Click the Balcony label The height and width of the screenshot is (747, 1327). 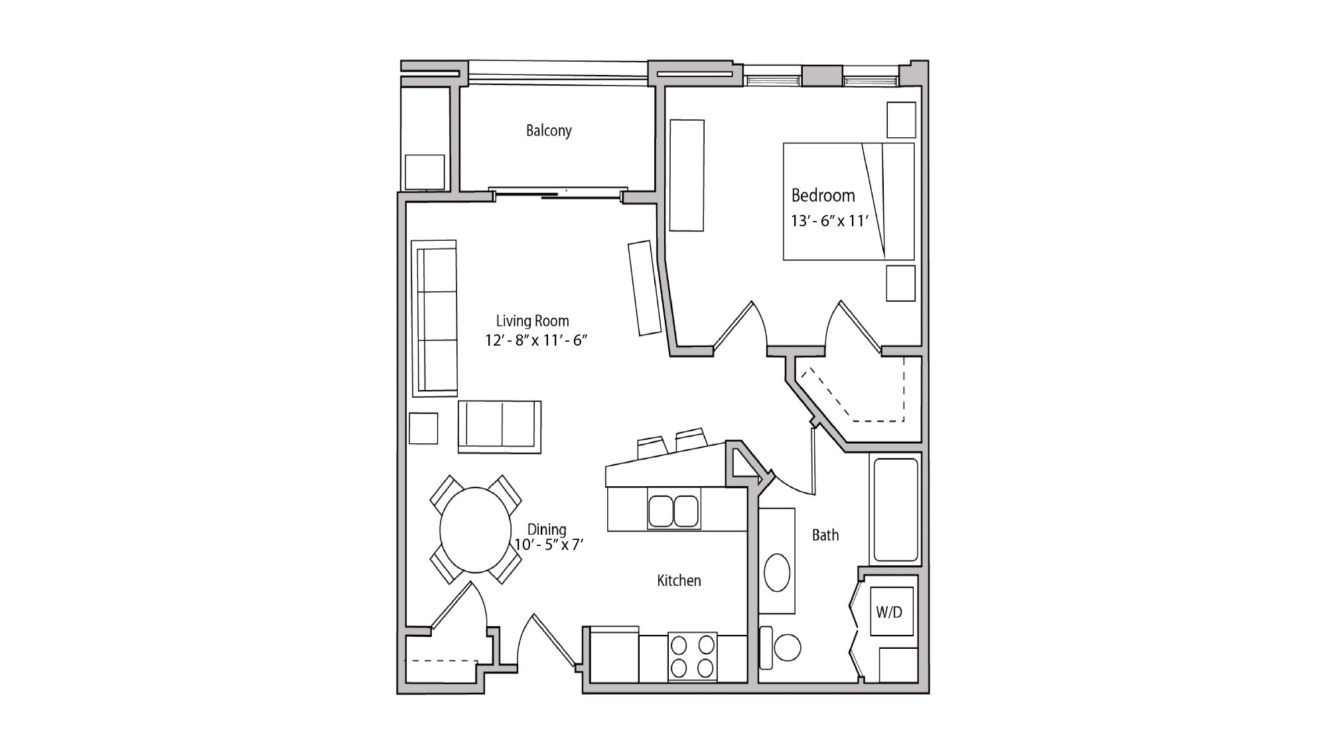[x=549, y=131]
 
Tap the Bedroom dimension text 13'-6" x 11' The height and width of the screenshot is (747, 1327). [x=829, y=221]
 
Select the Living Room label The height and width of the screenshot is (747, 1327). [x=532, y=321]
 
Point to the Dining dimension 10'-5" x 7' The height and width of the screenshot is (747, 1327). [x=549, y=545]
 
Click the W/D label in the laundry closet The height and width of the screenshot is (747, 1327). [x=889, y=612]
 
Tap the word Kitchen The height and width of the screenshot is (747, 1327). [x=679, y=581]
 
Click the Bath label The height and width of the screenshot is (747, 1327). [x=825, y=535]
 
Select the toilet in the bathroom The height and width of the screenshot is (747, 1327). [x=783, y=647]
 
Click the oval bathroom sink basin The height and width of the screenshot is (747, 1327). [x=777, y=573]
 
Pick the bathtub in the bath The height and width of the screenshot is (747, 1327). [x=895, y=509]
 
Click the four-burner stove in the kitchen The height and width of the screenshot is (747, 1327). [x=692, y=656]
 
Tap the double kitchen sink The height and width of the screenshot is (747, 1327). [x=674, y=511]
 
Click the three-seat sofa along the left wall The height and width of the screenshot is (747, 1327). [x=435, y=319]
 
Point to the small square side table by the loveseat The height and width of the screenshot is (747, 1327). [x=423, y=429]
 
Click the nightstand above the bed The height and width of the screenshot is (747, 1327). [x=902, y=120]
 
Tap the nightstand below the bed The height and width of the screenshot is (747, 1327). [x=901, y=283]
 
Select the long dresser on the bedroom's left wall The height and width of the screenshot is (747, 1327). [x=687, y=175]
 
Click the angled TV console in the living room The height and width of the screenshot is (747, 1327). [x=645, y=288]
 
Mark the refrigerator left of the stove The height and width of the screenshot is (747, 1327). [x=614, y=656]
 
